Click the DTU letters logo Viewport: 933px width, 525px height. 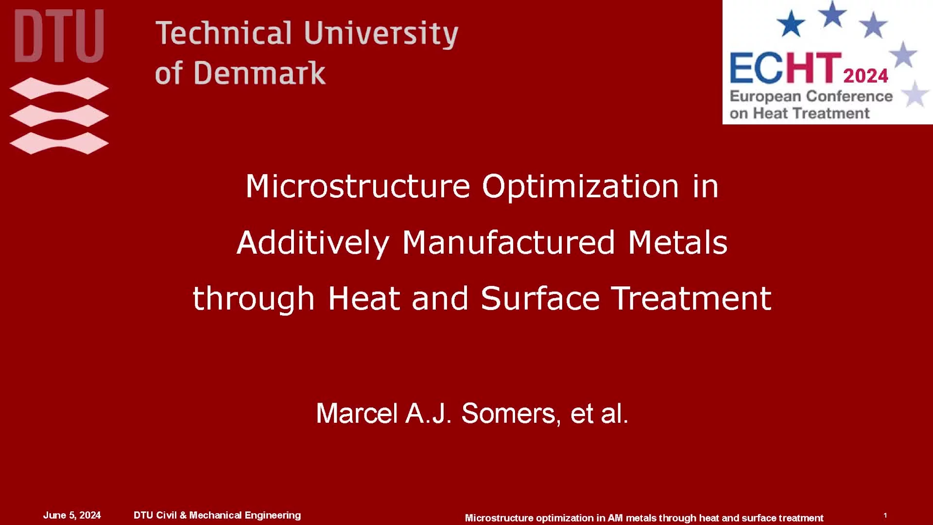[59, 36]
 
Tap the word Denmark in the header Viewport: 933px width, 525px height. [259, 73]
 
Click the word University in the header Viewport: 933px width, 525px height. [381, 34]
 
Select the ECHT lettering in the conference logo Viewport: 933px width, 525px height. [785, 68]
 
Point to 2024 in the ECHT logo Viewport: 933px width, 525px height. [865, 76]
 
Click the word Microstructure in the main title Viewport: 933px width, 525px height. [358, 186]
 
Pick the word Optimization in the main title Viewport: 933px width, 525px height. [580, 186]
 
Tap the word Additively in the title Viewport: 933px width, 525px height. [313, 243]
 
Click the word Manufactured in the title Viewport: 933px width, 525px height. [509, 243]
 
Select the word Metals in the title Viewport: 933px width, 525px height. [677, 243]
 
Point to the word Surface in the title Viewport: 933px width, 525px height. [540, 298]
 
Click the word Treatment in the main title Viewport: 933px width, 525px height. [691, 298]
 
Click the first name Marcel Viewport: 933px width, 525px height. [357, 414]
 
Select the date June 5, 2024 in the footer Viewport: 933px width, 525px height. [72, 515]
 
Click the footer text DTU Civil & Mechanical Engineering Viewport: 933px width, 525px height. [217, 515]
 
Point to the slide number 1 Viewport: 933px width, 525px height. [885, 515]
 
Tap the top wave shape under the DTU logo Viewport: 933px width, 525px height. [59, 88]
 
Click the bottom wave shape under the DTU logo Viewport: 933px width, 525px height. [59, 143]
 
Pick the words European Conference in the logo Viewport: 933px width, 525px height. [811, 96]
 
